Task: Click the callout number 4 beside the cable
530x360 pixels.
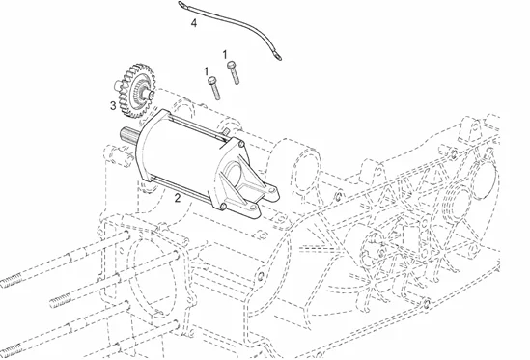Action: pyautogui.click(x=194, y=23)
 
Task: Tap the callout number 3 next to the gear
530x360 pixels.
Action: pyautogui.click(x=113, y=106)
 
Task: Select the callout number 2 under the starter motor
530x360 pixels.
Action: pyautogui.click(x=178, y=198)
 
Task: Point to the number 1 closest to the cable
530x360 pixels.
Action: pyautogui.click(x=225, y=54)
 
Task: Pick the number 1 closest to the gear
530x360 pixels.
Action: pyautogui.click(x=207, y=71)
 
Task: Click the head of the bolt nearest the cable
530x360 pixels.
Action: pyautogui.click(x=232, y=65)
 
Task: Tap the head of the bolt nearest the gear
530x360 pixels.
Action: pyautogui.click(x=212, y=80)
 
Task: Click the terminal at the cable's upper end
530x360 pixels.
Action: pyautogui.click(x=182, y=5)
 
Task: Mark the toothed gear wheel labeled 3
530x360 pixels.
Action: pyautogui.click(x=134, y=91)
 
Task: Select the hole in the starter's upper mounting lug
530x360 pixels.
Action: pyautogui.click(x=272, y=190)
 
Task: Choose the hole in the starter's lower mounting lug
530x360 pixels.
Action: pyautogui.click(x=254, y=207)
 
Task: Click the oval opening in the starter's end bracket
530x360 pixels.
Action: pyautogui.click(x=233, y=174)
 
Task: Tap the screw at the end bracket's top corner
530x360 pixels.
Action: pyautogui.click(x=240, y=145)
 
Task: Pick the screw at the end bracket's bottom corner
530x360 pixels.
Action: pyautogui.click(x=223, y=206)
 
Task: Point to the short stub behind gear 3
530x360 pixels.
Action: pyautogui.click(x=117, y=86)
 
